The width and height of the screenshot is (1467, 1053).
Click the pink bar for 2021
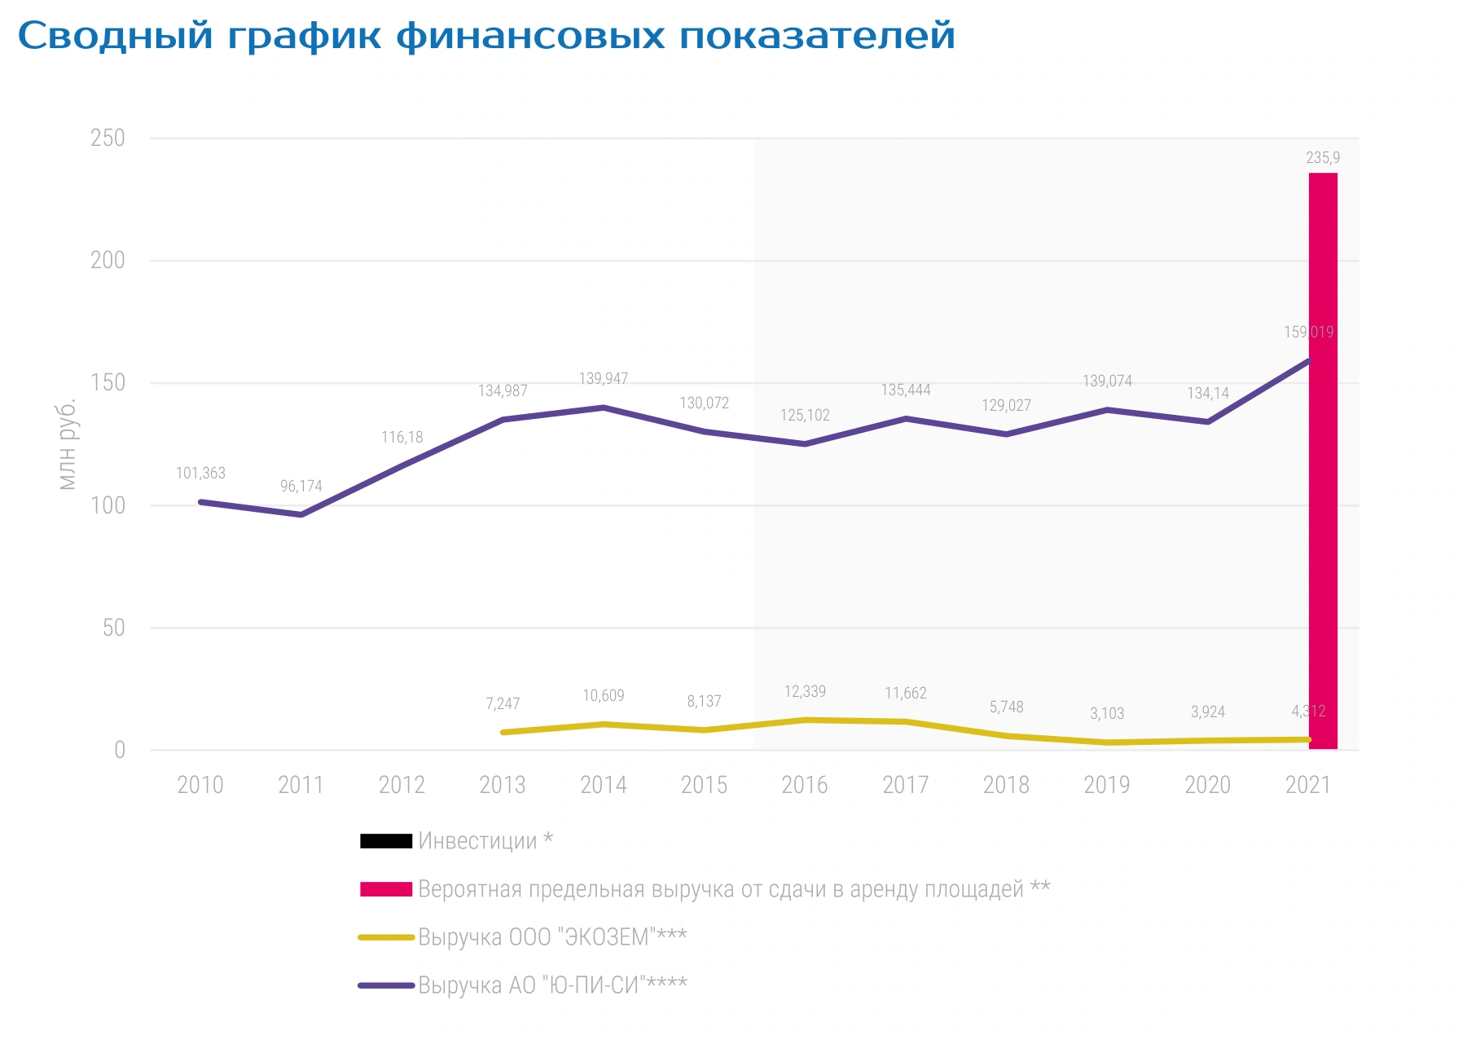1323,460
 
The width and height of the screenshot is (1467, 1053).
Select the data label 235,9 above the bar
1323,157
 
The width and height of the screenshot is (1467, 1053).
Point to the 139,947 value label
604,378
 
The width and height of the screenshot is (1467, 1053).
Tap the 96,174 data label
301,486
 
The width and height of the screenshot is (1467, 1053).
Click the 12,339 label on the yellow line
805,691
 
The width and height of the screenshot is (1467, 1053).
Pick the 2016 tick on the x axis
805,785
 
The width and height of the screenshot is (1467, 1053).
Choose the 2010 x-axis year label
200,785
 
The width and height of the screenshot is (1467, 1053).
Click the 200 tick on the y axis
108,260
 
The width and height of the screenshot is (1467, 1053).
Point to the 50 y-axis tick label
114,628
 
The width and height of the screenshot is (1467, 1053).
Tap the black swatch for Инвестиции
386,841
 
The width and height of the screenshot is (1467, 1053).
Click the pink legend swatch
386,889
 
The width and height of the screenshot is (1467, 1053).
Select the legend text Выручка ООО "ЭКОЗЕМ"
552,937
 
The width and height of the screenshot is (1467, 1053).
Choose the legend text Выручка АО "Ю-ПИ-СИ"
552,985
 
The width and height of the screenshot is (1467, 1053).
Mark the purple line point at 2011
301,514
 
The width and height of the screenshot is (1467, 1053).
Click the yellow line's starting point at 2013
503,732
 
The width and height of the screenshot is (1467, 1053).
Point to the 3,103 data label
1107,713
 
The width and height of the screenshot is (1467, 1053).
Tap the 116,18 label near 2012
402,437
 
